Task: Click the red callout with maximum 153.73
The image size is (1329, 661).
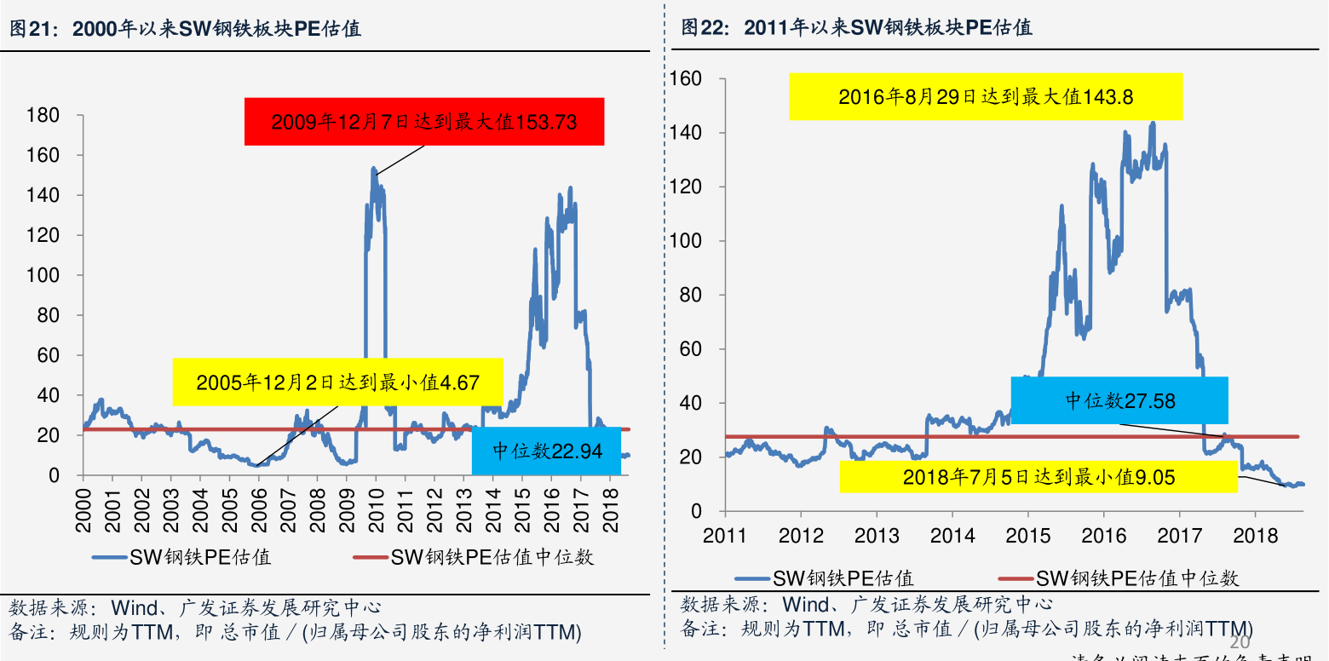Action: [424, 122]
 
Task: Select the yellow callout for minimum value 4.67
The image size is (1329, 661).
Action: [337, 382]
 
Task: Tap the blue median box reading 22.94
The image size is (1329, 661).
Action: [546, 451]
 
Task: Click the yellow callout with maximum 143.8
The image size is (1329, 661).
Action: [986, 96]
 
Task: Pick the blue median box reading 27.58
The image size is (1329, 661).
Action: [1119, 400]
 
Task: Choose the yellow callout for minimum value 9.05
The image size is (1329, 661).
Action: [1038, 477]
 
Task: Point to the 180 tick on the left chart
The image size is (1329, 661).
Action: [43, 116]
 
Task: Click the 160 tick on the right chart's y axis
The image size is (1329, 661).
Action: [686, 79]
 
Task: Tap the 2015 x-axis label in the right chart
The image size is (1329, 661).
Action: [1027, 535]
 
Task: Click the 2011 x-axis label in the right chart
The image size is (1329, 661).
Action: [725, 535]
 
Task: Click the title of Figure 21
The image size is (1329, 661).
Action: [185, 29]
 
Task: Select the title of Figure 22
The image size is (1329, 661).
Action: [856, 27]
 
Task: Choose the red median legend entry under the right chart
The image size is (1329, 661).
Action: [1136, 578]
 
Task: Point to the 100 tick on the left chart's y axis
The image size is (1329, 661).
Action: [43, 275]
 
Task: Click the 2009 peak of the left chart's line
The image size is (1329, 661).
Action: [373, 170]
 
